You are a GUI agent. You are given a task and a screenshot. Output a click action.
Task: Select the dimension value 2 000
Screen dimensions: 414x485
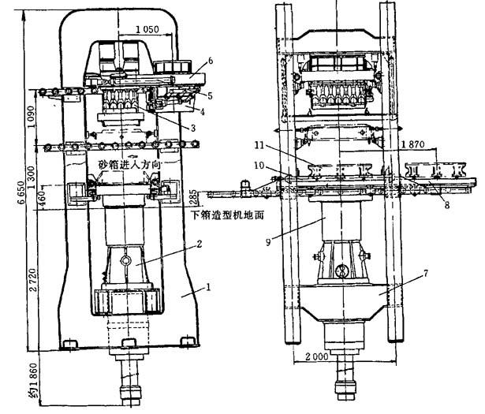pyautogui.click(x=312, y=356)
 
